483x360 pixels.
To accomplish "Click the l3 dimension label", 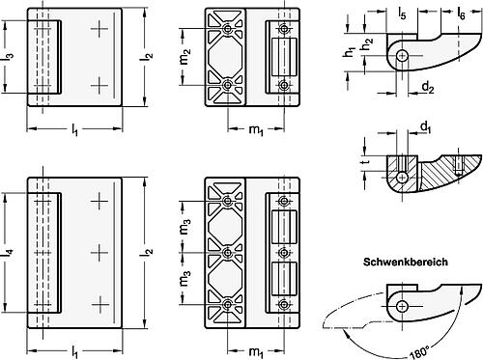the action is pos(10,57).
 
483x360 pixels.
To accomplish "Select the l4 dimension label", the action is pos(10,252).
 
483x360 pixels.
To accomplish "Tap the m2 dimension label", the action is pos(185,57).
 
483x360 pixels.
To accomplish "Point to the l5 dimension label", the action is pos(402,14).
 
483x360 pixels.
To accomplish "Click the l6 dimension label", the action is pos(461,14).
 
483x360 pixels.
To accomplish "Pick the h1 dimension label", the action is pos(350,52).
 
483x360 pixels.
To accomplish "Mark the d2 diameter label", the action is pos(428,88).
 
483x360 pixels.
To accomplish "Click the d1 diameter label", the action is pos(426,127).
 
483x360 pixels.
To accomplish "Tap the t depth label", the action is pos(365,162).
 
